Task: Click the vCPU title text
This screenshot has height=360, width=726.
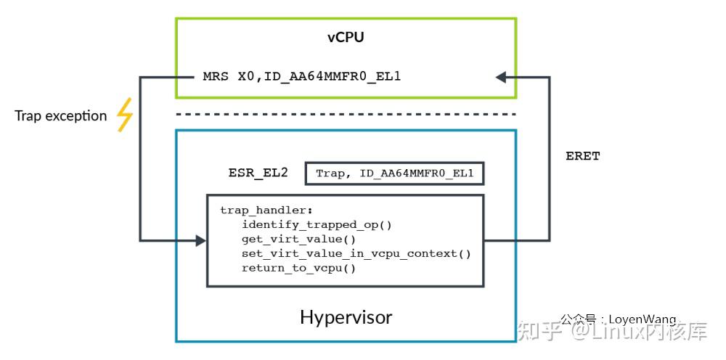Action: (346, 37)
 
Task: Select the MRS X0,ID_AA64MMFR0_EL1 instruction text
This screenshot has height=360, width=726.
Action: (301, 75)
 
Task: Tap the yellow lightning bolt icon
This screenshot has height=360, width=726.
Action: (125, 115)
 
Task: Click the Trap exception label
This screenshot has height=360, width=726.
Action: (61, 115)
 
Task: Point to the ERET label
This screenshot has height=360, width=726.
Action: (582, 156)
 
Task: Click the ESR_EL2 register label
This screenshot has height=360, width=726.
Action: (258, 173)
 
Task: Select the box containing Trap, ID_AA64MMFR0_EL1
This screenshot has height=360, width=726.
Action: (394, 173)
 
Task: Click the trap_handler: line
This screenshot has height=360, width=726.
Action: (256, 210)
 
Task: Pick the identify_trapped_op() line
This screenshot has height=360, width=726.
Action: (317, 224)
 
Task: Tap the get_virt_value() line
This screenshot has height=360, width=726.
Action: (298, 239)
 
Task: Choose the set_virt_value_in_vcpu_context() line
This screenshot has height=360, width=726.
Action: (356, 253)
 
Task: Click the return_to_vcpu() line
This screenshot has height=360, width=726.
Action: (298, 268)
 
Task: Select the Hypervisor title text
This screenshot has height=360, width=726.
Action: (346, 317)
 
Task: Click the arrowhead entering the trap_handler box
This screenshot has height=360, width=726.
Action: (201, 240)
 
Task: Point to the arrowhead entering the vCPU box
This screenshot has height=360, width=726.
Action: (500, 75)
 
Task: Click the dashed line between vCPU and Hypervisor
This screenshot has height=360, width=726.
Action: (346, 114)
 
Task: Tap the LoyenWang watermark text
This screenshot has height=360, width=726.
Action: (642, 319)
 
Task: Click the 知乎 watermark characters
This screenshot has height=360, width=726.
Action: (539, 332)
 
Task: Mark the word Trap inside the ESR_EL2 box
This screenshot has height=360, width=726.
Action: (330, 174)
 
